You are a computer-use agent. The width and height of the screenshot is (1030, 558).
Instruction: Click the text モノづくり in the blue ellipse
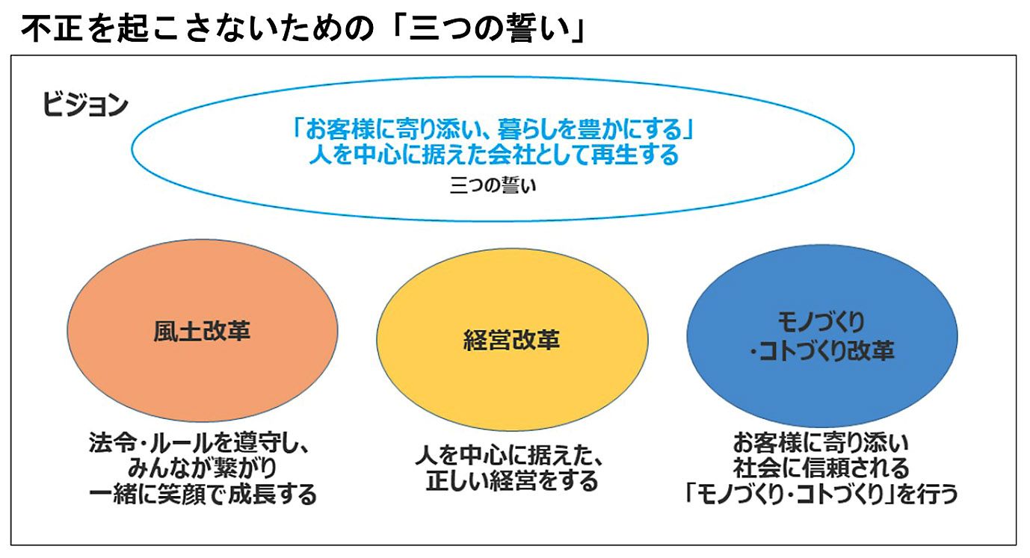pos(821,323)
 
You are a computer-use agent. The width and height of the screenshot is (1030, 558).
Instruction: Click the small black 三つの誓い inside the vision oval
pos(493,185)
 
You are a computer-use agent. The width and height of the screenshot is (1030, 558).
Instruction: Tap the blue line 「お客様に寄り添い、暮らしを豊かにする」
pos(493,131)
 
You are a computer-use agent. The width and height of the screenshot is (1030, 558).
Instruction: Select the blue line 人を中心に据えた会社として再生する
pos(493,155)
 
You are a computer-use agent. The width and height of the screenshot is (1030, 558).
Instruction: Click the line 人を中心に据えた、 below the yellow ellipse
pos(509,456)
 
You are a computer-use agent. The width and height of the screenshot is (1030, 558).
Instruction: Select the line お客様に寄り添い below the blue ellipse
pos(821,444)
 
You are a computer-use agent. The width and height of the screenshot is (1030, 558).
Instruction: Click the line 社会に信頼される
pos(821,468)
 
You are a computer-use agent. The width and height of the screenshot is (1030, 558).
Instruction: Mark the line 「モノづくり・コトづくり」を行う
pos(821,495)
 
